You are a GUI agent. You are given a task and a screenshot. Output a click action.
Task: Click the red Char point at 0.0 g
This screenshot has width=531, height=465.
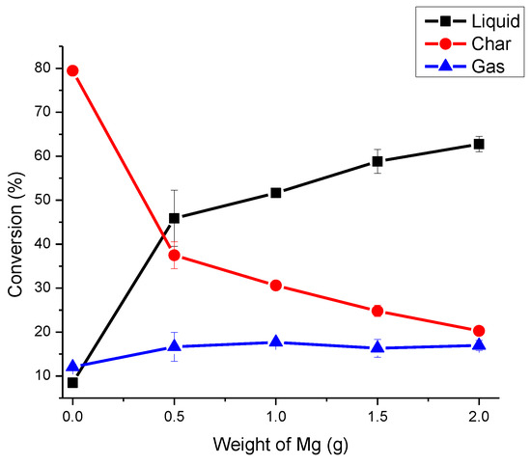click(72, 70)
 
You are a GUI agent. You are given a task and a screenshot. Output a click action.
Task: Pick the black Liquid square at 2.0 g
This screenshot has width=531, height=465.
click(478, 144)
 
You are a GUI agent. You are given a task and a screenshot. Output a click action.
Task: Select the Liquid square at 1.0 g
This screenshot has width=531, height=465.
click(276, 193)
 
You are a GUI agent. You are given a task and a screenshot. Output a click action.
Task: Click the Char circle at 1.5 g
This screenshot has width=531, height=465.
click(377, 311)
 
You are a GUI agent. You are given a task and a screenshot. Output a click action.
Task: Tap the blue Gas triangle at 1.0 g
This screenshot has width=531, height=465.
click(276, 342)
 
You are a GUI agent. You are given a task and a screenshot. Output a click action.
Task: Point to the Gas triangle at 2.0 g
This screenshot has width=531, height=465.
click(478, 344)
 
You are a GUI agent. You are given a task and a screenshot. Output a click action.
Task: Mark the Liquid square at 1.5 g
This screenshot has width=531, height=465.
click(377, 161)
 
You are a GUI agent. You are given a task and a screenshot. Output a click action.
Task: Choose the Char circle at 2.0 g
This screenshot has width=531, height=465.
click(478, 331)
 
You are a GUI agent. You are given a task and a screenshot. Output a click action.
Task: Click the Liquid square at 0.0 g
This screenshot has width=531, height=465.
click(72, 382)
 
